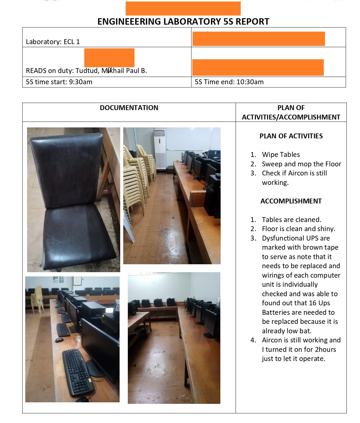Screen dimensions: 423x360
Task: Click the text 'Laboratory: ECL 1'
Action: click(53, 42)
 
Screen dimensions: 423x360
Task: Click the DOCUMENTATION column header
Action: click(129, 108)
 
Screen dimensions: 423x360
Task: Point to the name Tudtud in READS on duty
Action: click(86, 71)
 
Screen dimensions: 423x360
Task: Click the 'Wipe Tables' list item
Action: click(281, 154)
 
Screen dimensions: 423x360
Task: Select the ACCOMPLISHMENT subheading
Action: click(291, 201)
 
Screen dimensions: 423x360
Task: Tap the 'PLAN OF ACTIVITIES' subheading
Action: click(291, 136)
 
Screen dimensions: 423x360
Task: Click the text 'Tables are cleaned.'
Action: click(291, 220)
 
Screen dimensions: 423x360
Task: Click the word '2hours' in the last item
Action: click(325, 349)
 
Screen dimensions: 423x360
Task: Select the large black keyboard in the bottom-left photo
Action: click(77, 373)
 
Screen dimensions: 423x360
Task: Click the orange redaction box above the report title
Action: click(183, 8)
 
